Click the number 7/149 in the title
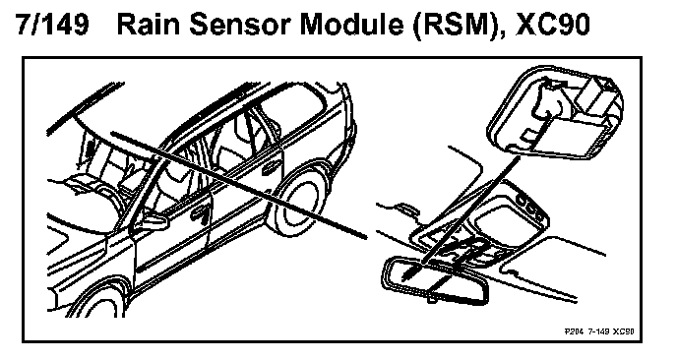click(53, 25)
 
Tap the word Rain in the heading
click(148, 25)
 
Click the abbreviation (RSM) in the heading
click(459, 26)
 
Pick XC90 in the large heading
click(553, 25)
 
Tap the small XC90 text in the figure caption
click(624, 331)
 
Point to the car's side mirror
click(154, 219)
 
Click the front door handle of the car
click(200, 212)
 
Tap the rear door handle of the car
click(271, 168)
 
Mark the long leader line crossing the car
click(239, 185)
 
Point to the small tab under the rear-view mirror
click(432, 299)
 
